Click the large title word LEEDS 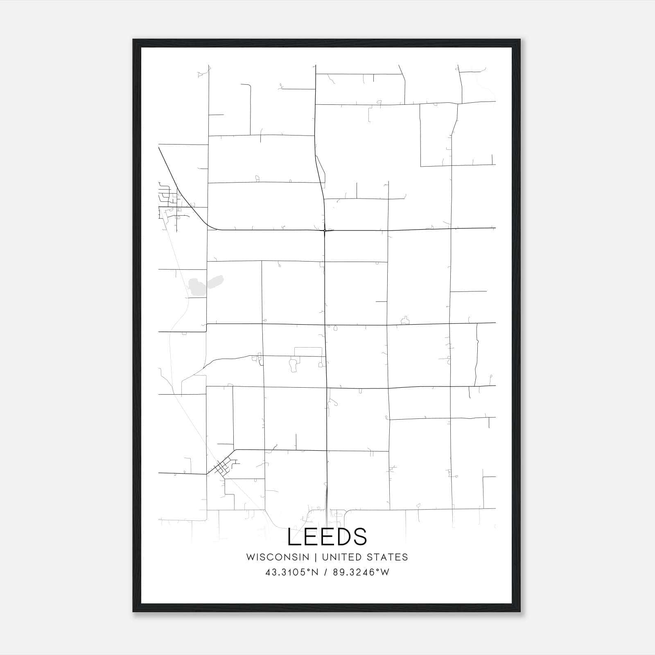pos(327,537)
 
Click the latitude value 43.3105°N pos(291,572)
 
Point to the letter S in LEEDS pos(359,537)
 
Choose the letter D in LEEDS pos(343,537)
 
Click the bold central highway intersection pos(324,231)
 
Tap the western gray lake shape pos(196,286)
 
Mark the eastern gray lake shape pos(215,282)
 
